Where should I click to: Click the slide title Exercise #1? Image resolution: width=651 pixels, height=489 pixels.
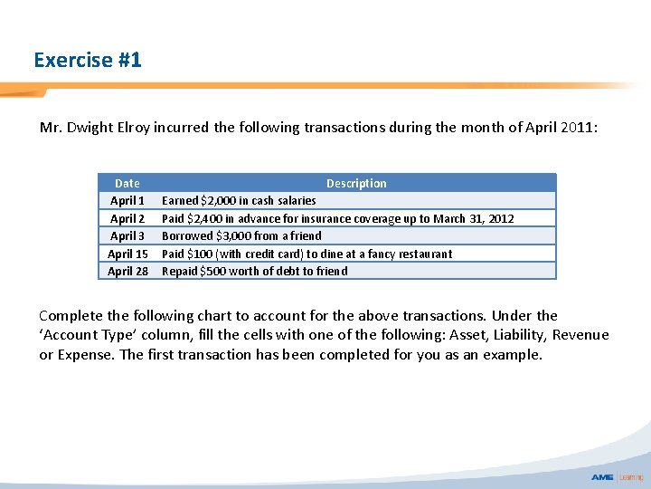click(88, 61)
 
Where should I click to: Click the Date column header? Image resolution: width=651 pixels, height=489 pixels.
click(127, 183)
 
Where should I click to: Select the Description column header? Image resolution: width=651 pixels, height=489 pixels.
click(356, 183)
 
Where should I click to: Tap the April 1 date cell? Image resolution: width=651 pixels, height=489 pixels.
click(127, 200)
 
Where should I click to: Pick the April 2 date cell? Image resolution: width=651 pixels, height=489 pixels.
click(127, 218)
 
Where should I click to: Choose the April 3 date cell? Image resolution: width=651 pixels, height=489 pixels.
click(127, 235)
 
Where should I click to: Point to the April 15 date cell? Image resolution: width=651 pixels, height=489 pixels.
click(127, 254)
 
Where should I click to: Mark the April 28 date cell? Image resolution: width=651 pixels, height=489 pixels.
click(127, 271)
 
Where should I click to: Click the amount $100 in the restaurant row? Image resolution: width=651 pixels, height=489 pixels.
click(200, 254)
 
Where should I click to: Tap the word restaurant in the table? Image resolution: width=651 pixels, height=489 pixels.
click(421, 254)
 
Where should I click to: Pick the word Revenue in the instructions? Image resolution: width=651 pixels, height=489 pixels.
click(580, 335)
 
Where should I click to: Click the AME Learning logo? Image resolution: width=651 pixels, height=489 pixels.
click(618, 476)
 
